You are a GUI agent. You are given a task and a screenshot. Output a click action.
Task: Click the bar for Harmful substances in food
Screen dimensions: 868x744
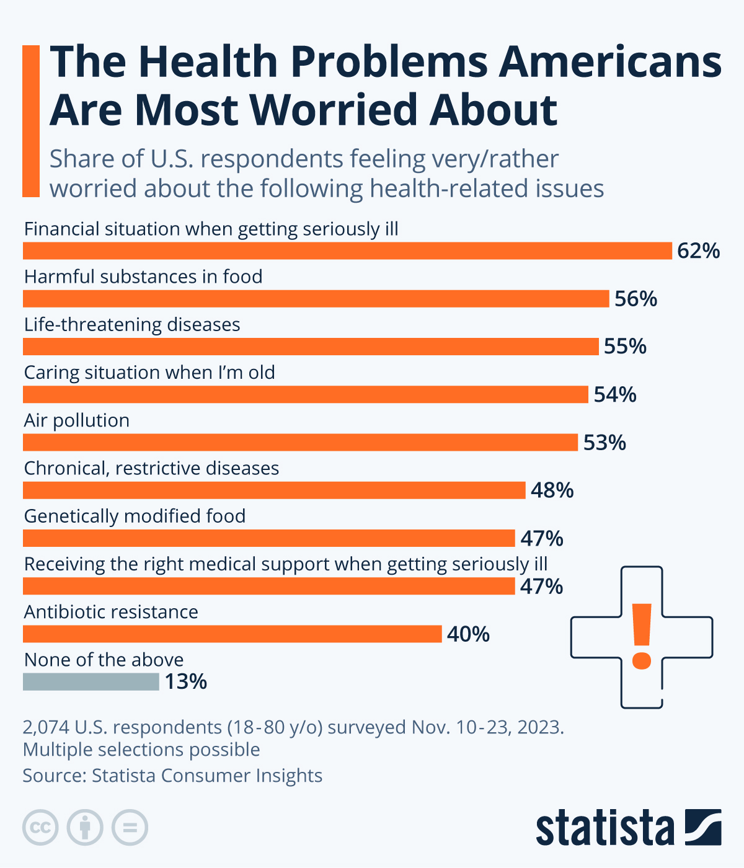316,299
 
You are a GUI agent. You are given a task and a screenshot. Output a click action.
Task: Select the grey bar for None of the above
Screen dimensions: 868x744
91,682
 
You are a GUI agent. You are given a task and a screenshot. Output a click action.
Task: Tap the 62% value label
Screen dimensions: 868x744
698,251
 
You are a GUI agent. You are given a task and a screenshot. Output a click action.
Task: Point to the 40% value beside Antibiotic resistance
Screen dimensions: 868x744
468,634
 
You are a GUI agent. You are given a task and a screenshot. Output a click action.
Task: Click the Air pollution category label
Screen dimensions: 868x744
77,420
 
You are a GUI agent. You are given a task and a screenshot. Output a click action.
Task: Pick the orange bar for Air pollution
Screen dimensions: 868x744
301,443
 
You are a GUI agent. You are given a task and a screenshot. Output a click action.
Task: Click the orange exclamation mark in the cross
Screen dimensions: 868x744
642,636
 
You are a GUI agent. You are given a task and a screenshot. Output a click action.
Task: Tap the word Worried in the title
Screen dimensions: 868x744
336,110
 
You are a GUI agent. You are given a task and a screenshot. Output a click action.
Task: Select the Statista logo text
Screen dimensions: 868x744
604,828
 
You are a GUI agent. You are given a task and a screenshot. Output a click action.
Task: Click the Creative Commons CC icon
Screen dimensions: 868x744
40,827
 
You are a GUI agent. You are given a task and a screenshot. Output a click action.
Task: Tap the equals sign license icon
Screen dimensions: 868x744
130,827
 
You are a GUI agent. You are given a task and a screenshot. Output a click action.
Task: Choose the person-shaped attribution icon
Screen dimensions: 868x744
85,827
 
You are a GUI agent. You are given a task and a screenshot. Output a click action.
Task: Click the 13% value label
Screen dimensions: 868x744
185,682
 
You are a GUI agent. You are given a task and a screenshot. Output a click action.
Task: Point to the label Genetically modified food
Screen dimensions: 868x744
135,516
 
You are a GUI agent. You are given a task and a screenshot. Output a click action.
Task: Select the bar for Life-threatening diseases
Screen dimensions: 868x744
311,347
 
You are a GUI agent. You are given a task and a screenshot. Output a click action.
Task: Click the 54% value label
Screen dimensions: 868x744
614,395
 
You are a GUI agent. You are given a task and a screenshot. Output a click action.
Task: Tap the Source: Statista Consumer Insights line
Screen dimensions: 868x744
172,776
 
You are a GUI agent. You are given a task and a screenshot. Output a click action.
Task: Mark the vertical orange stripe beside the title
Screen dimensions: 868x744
31,121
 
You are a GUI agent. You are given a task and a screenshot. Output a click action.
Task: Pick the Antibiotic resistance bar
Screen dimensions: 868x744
232,634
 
